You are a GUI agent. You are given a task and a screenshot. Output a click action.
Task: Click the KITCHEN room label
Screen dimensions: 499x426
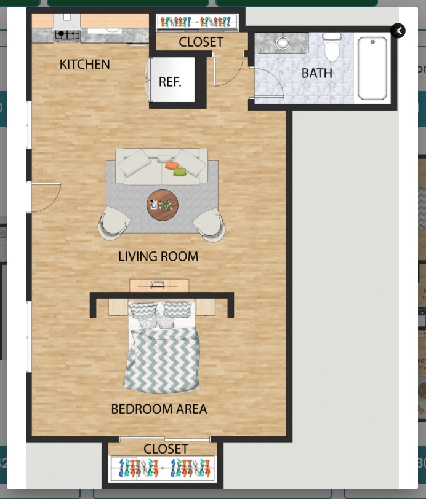pyautogui.click(x=84, y=64)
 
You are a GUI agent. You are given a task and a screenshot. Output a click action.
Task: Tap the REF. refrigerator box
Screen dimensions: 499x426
pyautogui.click(x=170, y=82)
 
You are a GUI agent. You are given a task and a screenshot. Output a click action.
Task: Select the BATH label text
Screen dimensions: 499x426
pyautogui.click(x=316, y=73)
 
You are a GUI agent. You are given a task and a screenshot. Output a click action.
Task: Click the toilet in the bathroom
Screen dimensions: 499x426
pyautogui.click(x=332, y=47)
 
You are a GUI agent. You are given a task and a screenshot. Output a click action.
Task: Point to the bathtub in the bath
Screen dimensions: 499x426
pyautogui.click(x=372, y=68)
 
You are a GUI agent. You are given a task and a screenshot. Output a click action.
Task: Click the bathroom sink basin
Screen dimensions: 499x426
pyautogui.click(x=283, y=43)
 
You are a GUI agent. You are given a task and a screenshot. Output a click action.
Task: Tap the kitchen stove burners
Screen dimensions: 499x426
pyautogui.click(x=67, y=35)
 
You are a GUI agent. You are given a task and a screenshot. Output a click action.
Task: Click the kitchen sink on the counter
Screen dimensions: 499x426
pyautogui.click(x=113, y=28)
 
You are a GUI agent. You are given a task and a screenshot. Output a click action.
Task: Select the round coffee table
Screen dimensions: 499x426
pyautogui.click(x=163, y=205)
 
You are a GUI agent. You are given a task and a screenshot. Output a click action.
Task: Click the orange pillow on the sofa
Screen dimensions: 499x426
pyautogui.click(x=171, y=165)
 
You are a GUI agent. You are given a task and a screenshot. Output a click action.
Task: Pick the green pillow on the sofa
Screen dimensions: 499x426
pyautogui.click(x=180, y=172)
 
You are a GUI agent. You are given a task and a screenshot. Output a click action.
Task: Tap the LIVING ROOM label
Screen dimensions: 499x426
pyautogui.click(x=158, y=256)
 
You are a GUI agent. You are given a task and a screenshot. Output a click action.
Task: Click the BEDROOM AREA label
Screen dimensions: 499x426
pyautogui.click(x=159, y=409)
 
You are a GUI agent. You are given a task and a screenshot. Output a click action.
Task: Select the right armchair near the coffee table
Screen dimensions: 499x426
pyautogui.click(x=210, y=224)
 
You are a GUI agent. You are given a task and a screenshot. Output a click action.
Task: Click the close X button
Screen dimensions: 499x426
pyautogui.click(x=398, y=31)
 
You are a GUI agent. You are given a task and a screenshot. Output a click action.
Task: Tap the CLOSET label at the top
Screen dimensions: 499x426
pyautogui.click(x=201, y=42)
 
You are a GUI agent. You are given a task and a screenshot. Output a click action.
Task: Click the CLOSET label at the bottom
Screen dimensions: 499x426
pyautogui.click(x=166, y=449)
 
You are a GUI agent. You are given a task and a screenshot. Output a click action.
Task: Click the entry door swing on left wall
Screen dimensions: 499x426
pyautogui.click(x=44, y=197)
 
